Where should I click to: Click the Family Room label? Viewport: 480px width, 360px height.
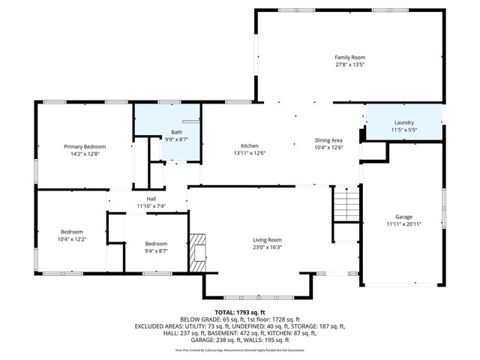[x=349, y=57]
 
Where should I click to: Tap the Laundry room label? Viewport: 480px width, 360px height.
[x=404, y=122]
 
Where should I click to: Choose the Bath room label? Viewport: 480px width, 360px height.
[x=176, y=132]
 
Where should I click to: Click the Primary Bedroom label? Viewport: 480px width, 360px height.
[x=85, y=146]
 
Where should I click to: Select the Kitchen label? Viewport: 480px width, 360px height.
[x=250, y=145]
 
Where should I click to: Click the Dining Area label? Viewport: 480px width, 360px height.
[x=328, y=140]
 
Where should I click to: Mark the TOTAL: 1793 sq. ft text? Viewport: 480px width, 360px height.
[x=240, y=312]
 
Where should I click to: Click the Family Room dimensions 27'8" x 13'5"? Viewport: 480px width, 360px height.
[x=349, y=64]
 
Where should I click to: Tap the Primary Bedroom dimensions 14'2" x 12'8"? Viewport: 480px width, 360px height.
[x=85, y=153]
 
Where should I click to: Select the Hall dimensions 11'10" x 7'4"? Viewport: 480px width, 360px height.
[x=151, y=205]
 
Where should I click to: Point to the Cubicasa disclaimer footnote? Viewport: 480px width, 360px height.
[x=240, y=349]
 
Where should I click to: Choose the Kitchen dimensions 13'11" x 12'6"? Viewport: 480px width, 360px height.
[x=250, y=152]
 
